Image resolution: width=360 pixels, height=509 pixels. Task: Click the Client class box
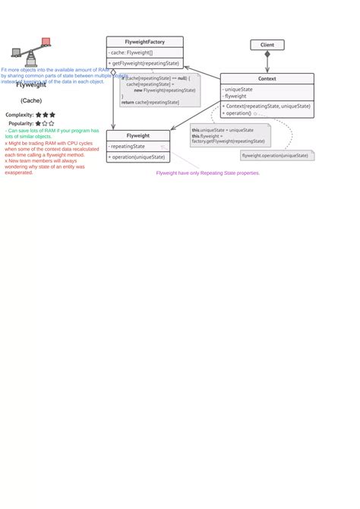[267, 45]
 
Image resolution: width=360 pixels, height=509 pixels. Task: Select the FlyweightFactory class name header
[144, 42]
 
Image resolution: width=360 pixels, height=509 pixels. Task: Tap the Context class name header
[267, 78]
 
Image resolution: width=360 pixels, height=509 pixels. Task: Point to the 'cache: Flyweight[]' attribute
[132, 52]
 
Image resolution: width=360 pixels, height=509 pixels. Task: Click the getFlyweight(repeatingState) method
[144, 63]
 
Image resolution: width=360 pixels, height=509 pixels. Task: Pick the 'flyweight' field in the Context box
[236, 96]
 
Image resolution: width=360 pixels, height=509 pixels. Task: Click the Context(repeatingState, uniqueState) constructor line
[267, 106]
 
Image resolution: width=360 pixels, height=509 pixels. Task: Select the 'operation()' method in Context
[238, 113]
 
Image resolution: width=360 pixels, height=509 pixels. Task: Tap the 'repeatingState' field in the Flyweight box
[128, 146]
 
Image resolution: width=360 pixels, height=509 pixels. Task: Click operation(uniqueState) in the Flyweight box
[137, 156]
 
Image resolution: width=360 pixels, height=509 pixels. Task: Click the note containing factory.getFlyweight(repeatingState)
[229, 136]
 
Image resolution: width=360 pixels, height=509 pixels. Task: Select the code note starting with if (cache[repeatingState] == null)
[159, 90]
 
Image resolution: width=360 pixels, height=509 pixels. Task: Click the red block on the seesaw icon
[46, 41]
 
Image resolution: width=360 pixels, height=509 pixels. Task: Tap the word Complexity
[20, 115]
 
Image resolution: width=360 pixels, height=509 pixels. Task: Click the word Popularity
[21, 123]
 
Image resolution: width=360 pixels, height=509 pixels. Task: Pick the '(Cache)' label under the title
[31, 100]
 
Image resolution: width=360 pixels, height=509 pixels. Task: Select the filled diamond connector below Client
[267, 55]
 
